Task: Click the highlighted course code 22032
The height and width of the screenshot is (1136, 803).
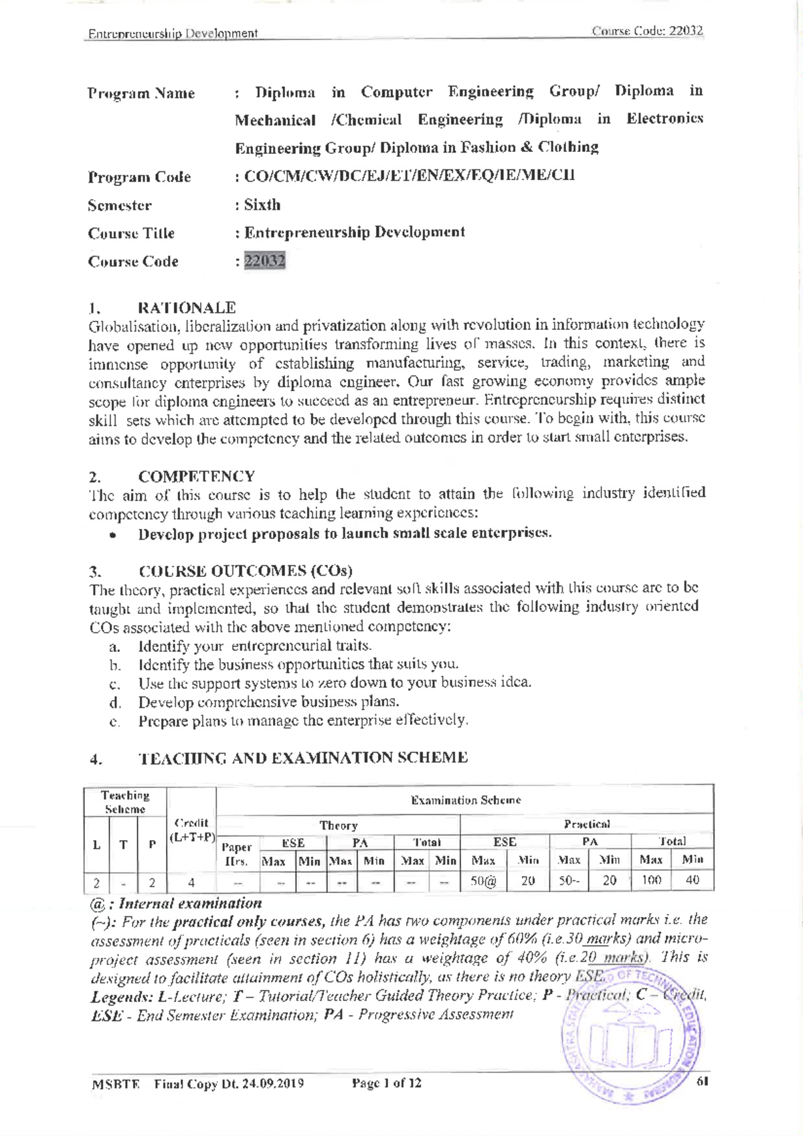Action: point(265,260)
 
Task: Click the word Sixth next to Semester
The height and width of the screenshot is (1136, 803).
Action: point(262,205)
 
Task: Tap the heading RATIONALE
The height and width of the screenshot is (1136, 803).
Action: point(187,308)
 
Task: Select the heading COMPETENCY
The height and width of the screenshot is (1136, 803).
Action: point(196,477)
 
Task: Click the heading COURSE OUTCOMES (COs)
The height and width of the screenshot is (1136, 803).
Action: point(245,571)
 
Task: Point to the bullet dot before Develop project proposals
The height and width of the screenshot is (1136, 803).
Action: point(115,536)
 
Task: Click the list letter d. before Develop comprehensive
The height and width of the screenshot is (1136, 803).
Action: point(115,703)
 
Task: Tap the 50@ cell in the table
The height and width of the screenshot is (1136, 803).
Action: point(483,881)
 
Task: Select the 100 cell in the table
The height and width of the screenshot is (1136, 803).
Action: point(650,880)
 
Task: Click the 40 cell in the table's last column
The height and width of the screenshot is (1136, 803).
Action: point(693,880)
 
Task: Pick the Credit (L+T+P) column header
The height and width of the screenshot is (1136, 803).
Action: point(191,830)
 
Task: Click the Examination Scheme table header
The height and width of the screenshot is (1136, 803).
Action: point(466,800)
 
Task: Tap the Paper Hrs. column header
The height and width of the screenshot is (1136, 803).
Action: point(236,854)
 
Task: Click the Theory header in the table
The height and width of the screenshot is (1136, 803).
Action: point(339,825)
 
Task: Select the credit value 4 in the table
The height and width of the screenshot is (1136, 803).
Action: point(191,882)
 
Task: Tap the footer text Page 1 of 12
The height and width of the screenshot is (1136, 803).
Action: point(387,1083)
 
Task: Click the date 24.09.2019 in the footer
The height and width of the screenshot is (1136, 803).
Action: point(273,1083)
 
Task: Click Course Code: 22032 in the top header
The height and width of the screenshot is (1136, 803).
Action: point(647,31)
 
